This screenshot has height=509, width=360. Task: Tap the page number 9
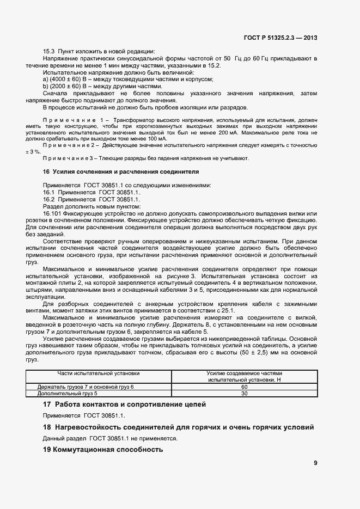(315, 463)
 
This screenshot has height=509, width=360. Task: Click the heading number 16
(46, 171)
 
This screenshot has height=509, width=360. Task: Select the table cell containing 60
(243, 386)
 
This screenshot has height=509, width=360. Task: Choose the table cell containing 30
(243, 393)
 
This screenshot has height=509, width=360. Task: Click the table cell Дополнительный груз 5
(68, 393)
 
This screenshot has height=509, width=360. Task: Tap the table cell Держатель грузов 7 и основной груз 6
(86, 386)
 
